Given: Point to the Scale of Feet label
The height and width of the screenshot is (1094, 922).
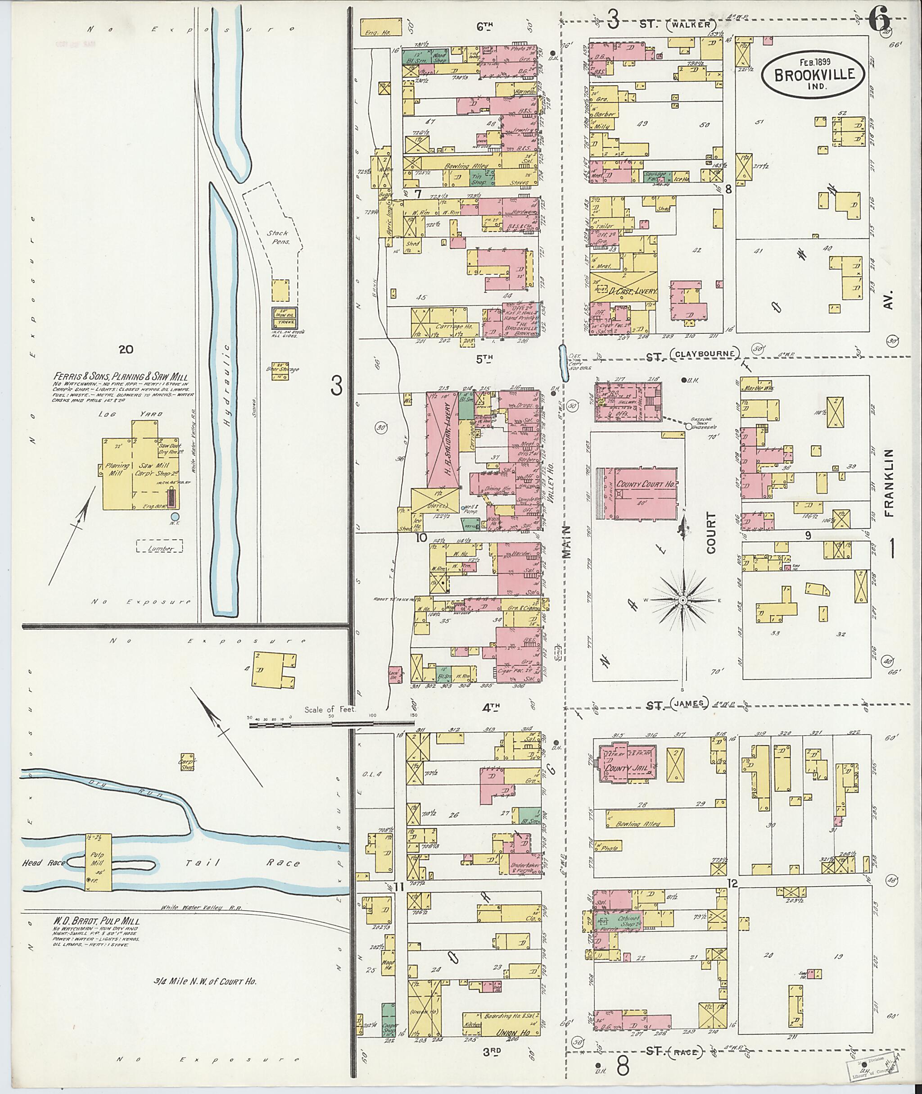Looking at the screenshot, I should [x=330, y=710].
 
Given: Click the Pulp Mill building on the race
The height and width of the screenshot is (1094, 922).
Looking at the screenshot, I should [x=98, y=861].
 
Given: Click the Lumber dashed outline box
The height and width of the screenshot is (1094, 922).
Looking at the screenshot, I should [x=159, y=546].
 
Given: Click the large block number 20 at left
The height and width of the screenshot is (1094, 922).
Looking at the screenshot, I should [x=126, y=350].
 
